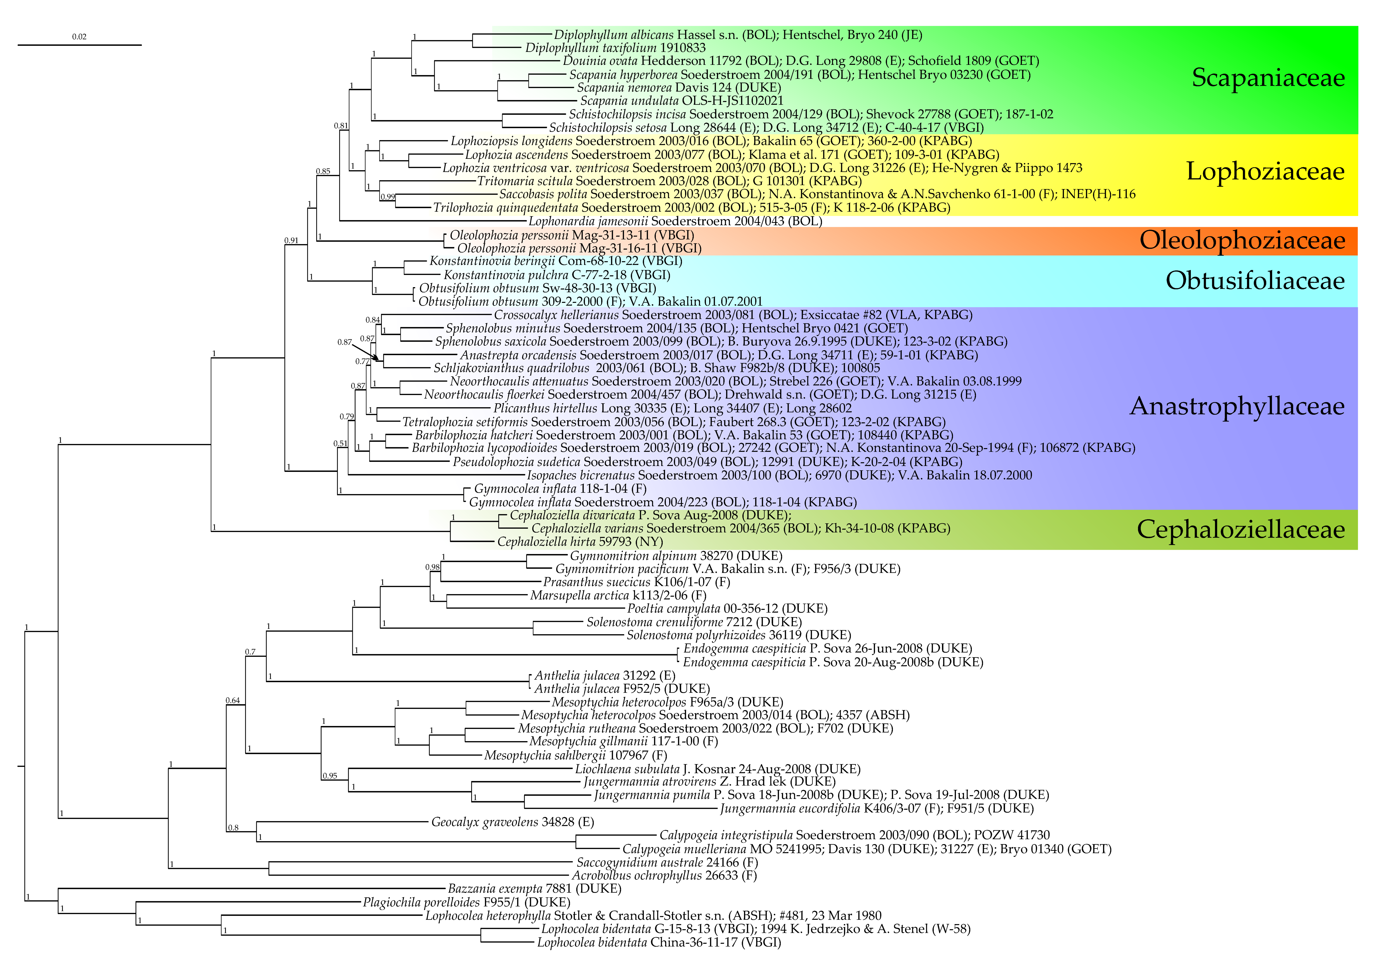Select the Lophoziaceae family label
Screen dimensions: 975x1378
pos(1265,172)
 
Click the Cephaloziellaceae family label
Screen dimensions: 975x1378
pos(1240,530)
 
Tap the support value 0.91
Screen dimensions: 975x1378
pos(291,241)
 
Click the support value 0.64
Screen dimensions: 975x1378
pos(233,701)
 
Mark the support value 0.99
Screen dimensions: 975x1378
pos(388,197)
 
